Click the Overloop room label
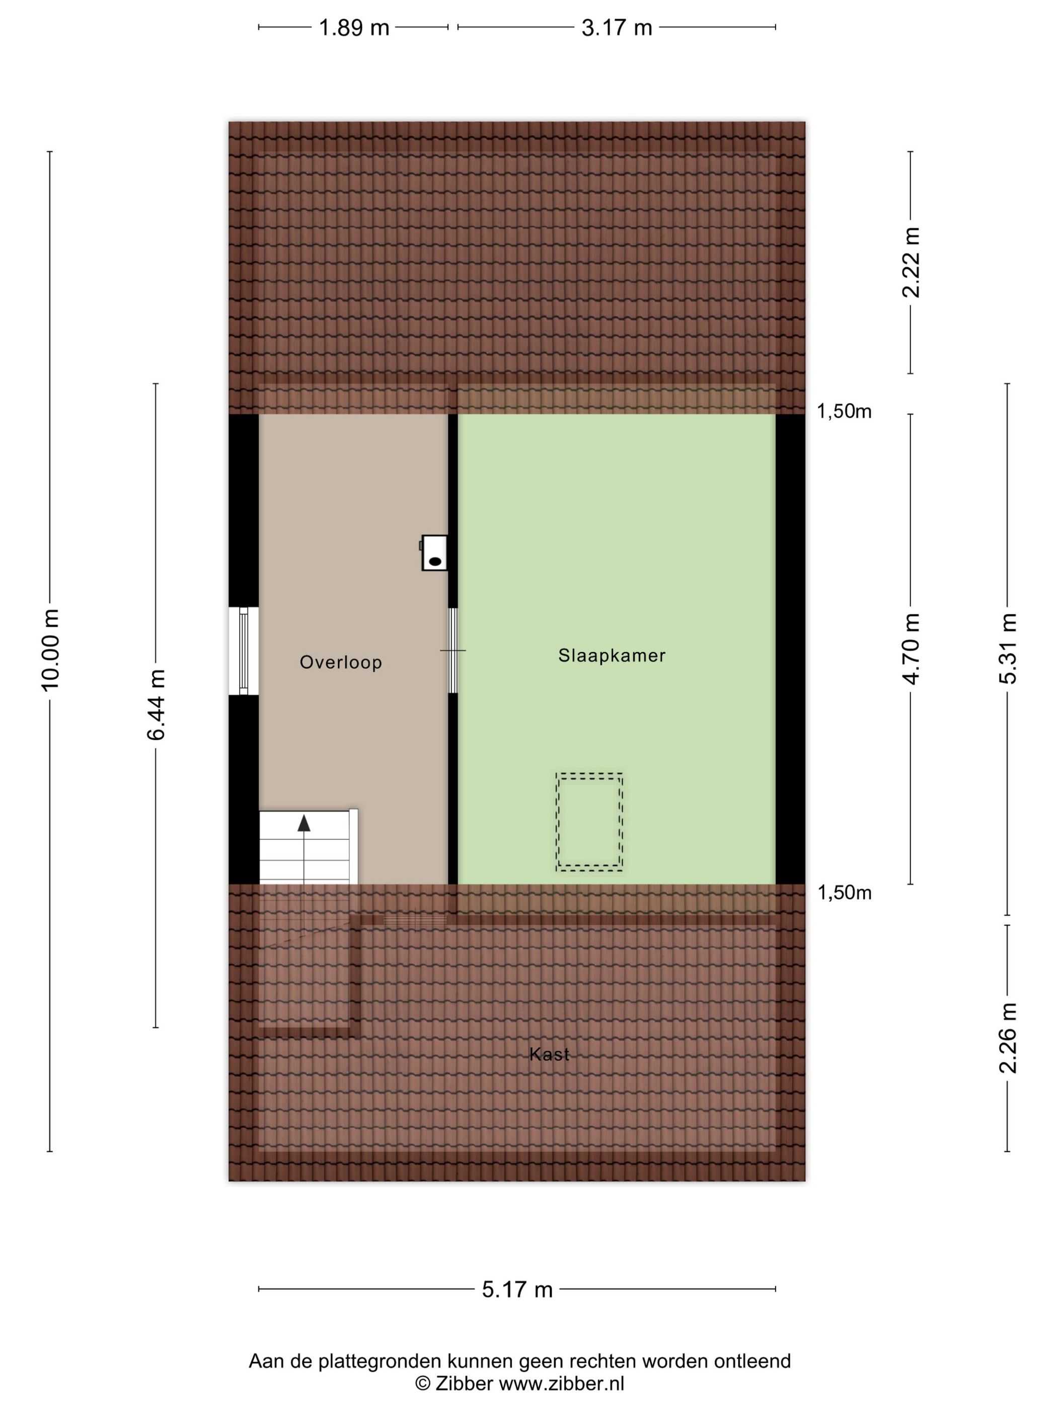[x=341, y=662]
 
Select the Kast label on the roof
[x=549, y=1054]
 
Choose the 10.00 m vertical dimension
[x=50, y=649]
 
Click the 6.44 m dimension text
[x=156, y=704]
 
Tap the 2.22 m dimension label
[x=911, y=263]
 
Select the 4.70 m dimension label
[x=911, y=649]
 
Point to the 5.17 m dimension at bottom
[x=517, y=1289]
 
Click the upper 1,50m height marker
[x=844, y=412]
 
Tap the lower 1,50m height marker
[x=844, y=893]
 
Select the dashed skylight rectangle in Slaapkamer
[x=589, y=822]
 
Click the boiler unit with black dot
[x=434, y=552]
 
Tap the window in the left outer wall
[x=244, y=650]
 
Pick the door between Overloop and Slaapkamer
[x=453, y=650]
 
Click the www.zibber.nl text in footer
[x=561, y=1383]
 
